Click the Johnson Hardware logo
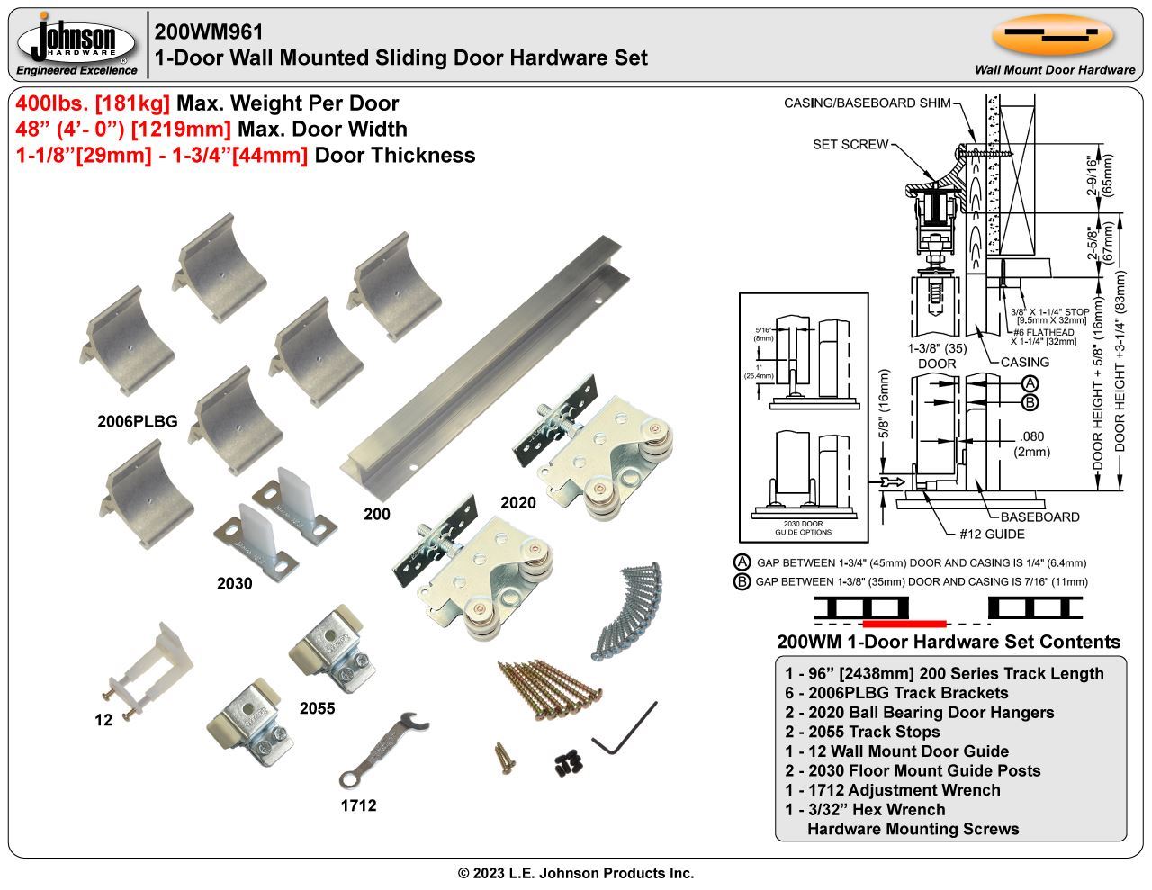tap(77, 43)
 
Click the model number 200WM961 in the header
tap(209, 32)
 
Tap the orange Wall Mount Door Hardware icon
tap(1053, 36)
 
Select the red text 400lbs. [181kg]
tap(94, 103)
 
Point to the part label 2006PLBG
tap(137, 421)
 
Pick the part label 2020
tap(517, 503)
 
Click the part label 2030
tap(234, 583)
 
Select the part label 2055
tap(317, 708)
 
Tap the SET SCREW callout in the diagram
tap(850, 144)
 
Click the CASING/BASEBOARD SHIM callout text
tap(867, 103)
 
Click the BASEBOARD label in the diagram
tap(1039, 517)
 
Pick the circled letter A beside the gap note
tap(742, 562)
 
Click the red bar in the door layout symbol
tap(904, 623)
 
